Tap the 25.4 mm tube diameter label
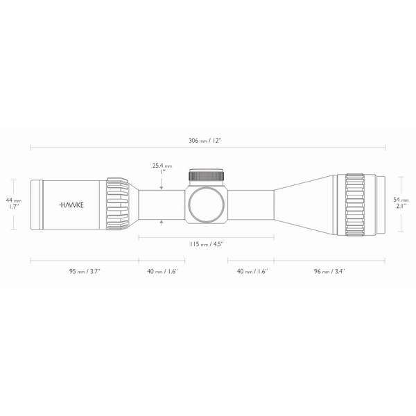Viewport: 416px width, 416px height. coord(162,166)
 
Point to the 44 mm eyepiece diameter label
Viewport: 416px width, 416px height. coord(13,200)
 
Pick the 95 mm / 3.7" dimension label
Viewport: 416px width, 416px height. coord(84,270)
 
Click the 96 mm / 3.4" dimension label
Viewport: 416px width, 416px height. coord(329,270)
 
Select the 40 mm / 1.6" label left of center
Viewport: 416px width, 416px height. coord(162,270)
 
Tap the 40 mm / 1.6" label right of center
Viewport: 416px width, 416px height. coord(251,270)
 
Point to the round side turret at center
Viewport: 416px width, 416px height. coord(207,204)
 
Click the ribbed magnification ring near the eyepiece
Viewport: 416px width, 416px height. coord(118,204)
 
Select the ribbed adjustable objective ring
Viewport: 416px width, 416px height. coord(355,204)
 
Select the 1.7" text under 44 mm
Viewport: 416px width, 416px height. coord(13,207)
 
